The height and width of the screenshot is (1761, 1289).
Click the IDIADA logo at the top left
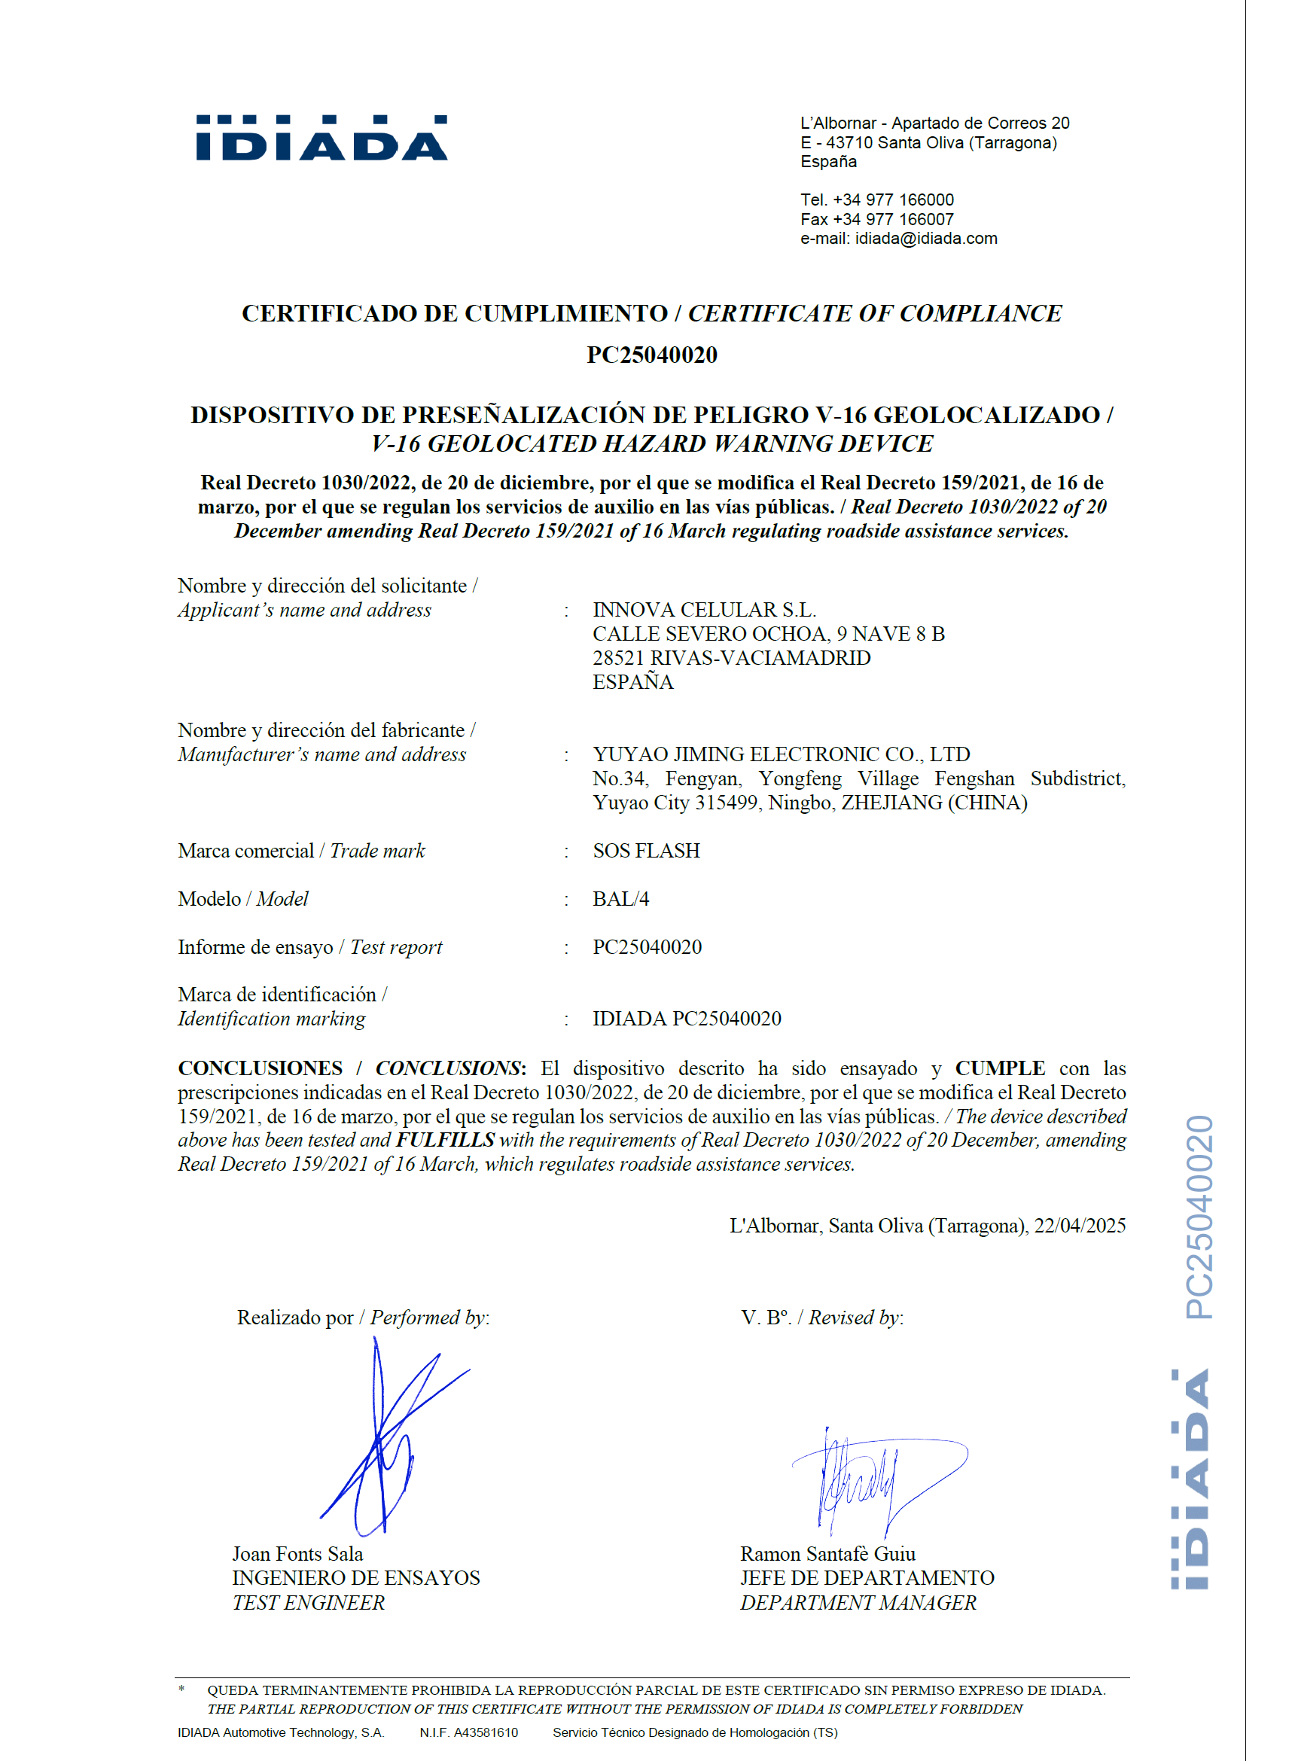pyautogui.click(x=321, y=138)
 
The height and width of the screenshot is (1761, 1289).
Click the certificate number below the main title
pyautogui.click(x=651, y=355)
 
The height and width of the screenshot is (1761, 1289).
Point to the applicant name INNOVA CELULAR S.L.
pyautogui.click(x=704, y=609)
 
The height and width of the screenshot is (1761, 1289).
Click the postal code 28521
pyautogui.click(x=619, y=658)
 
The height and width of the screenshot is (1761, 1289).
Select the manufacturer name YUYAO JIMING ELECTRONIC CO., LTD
pyautogui.click(x=781, y=754)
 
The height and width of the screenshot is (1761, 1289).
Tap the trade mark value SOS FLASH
pyautogui.click(x=646, y=851)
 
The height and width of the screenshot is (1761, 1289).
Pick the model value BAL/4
pyautogui.click(x=620, y=899)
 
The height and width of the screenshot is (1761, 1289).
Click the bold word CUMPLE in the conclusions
pyautogui.click(x=1000, y=1068)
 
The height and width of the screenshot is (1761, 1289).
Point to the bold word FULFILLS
pyautogui.click(x=445, y=1140)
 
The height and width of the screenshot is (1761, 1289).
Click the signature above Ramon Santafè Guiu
pyautogui.click(x=874, y=1479)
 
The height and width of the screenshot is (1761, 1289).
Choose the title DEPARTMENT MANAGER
pyautogui.click(x=858, y=1603)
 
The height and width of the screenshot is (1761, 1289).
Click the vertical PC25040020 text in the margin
pyautogui.click(x=1199, y=1217)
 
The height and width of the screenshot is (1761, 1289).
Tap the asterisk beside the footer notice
pyautogui.click(x=181, y=1690)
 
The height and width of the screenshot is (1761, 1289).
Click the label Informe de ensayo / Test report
pyautogui.click(x=309, y=947)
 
